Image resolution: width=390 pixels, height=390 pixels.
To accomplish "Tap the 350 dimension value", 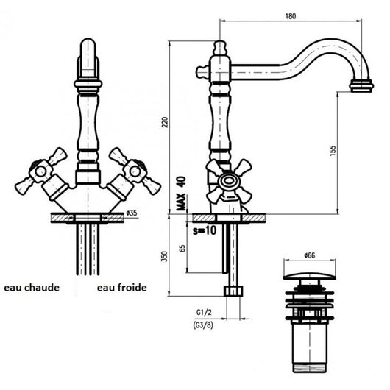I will tap(165, 255).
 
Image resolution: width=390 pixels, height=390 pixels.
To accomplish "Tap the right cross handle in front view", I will tap(132, 171).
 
